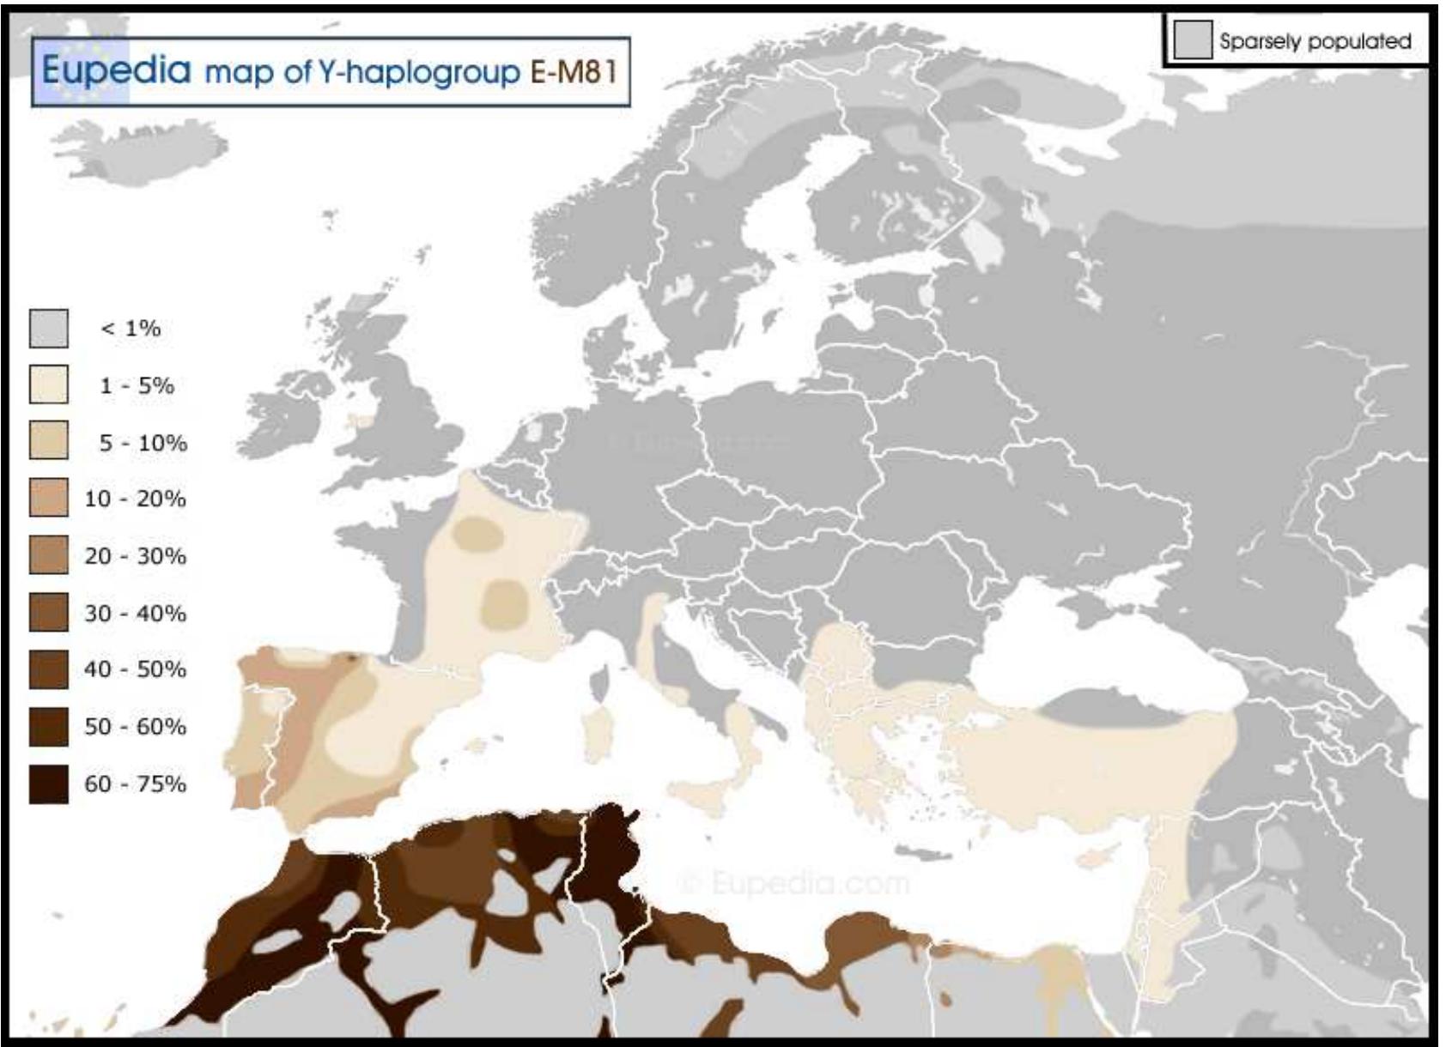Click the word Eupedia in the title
click(116, 70)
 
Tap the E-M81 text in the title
click(574, 72)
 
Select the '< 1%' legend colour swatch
click(49, 329)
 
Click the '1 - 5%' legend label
click(137, 385)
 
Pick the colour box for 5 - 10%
click(49, 441)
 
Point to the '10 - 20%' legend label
click(135, 499)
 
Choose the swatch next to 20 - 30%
click(49, 555)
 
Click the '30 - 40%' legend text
click(135, 613)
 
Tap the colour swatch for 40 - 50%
click(49, 669)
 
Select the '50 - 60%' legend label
click(135, 727)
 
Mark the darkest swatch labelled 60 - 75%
click(49, 784)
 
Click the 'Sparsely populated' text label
click(1315, 41)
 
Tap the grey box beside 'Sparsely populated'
click(1192, 41)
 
